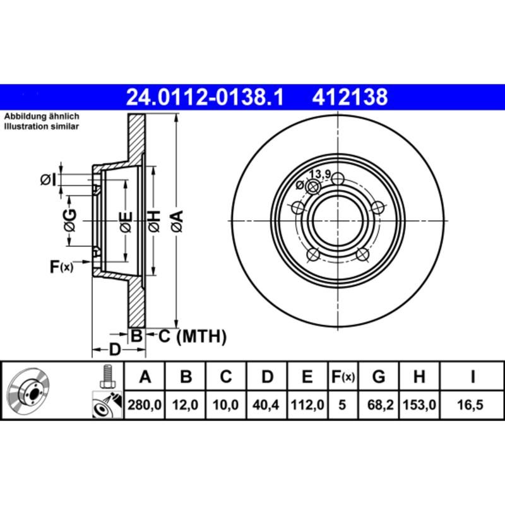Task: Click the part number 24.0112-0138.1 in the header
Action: pyautogui.click(x=206, y=97)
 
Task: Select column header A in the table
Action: pyautogui.click(x=145, y=378)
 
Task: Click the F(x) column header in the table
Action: pyautogui.click(x=343, y=378)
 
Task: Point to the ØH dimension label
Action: pyautogui.click(x=153, y=221)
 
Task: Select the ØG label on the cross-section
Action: pyautogui.click(x=71, y=221)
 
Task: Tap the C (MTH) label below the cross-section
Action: pyautogui.click(x=192, y=336)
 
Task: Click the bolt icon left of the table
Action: pyautogui.click(x=106, y=377)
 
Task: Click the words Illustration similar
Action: pyautogui.click(x=42, y=127)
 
